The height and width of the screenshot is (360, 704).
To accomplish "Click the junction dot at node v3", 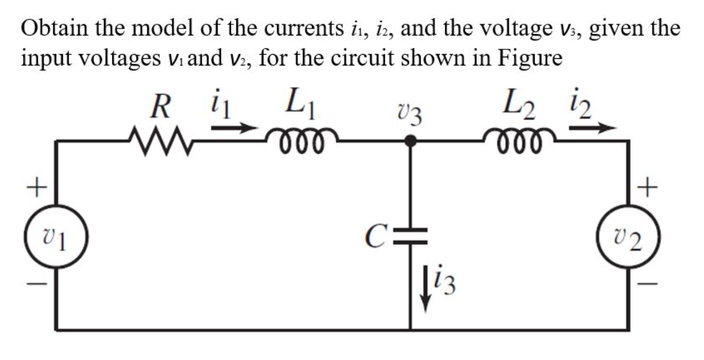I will point(411,140).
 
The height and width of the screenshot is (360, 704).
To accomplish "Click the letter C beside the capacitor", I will point(375,237).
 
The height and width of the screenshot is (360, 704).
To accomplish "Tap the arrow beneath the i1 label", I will point(234,127).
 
